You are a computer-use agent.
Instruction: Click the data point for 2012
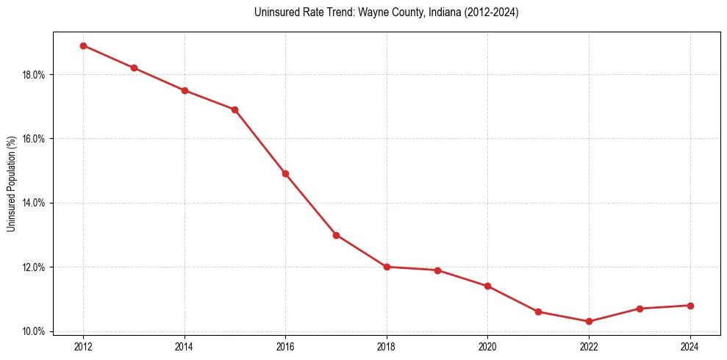click(83, 46)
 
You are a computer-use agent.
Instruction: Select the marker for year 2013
click(134, 68)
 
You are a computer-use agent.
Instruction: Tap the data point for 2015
click(234, 109)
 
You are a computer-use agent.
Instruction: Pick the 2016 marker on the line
click(285, 173)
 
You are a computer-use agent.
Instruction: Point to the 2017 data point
click(336, 235)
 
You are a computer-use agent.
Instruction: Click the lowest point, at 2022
click(589, 321)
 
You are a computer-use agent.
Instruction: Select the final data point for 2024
click(690, 306)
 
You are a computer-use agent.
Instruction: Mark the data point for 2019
click(437, 270)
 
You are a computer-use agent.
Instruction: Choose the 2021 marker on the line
click(538, 312)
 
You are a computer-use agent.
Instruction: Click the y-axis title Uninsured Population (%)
click(12, 184)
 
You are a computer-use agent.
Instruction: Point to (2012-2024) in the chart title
click(490, 12)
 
